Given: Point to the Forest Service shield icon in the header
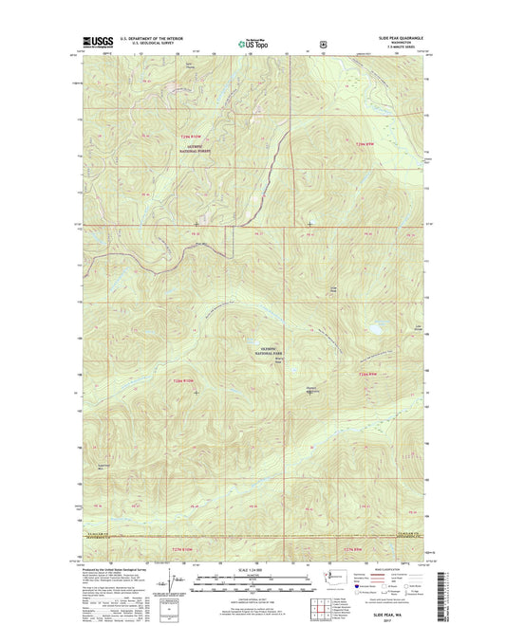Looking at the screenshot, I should (x=324, y=43).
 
